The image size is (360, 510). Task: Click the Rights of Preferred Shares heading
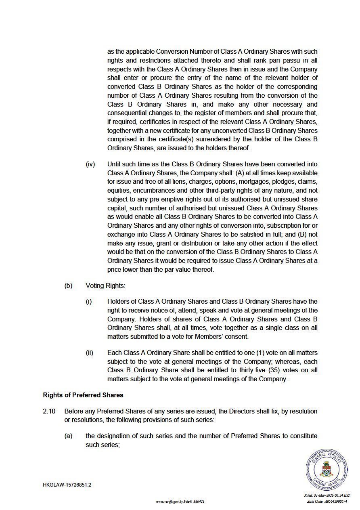click(83, 395)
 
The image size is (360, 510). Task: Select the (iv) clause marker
click(90, 164)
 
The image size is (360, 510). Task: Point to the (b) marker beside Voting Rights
click(68, 285)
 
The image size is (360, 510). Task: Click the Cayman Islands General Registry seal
click(327, 470)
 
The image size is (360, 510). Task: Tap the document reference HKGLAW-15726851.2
click(67, 485)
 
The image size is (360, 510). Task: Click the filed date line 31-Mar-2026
click(327, 495)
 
